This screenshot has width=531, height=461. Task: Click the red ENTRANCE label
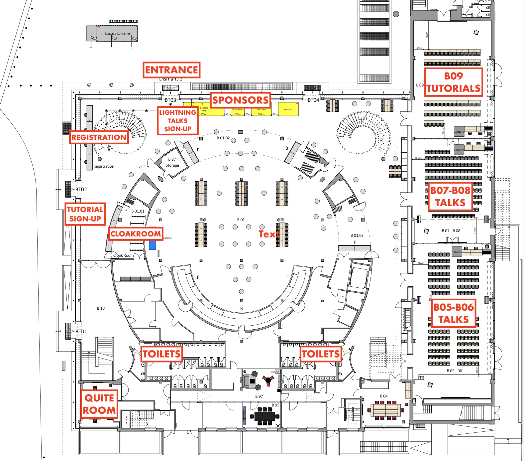[171, 70]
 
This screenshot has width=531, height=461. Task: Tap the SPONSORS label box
[240, 100]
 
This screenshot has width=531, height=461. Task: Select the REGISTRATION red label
[99, 137]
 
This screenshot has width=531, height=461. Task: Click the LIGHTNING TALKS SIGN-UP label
[177, 121]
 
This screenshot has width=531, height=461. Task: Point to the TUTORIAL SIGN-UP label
[85, 214]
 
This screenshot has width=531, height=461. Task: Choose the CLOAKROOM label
[136, 234]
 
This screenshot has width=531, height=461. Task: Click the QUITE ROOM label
[99, 404]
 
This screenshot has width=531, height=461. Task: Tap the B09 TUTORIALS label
[453, 82]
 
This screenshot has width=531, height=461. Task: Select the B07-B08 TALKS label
[450, 196]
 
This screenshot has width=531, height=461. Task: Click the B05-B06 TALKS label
[454, 313]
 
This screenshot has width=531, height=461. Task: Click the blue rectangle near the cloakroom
[153, 245]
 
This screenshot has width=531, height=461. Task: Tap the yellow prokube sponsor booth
[288, 109]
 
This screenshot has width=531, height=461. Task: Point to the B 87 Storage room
[172, 162]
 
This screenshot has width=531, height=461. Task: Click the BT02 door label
[81, 190]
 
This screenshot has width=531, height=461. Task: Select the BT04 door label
[313, 100]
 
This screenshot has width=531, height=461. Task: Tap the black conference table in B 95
[265, 416]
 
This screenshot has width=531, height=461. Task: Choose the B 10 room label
[101, 308]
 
